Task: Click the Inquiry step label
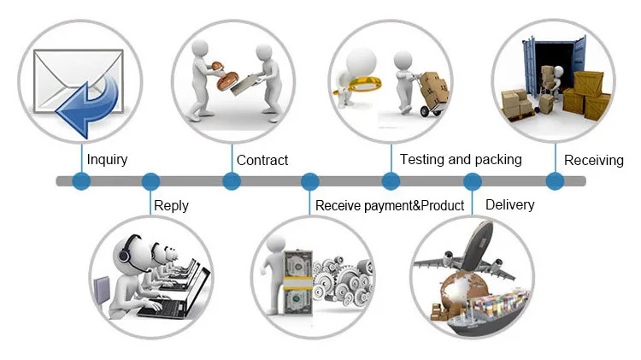[x=108, y=160]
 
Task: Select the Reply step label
[x=171, y=205]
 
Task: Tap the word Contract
[x=262, y=160]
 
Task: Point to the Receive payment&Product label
[x=390, y=205]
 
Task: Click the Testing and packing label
[x=461, y=159]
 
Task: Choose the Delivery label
[x=509, y=204]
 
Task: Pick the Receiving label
[x=594, y=160]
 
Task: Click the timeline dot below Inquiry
[x=81, y=181]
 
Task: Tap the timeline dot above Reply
[x=151, y=181]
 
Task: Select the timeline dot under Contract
[x=232, y=181]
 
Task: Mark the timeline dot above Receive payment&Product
[x=310, y=181]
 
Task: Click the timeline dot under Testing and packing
[x=391, y=181]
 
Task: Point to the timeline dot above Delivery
[x=472, y=181]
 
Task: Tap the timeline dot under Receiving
[x=555, y=181]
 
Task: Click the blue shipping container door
[x=531, y=68]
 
